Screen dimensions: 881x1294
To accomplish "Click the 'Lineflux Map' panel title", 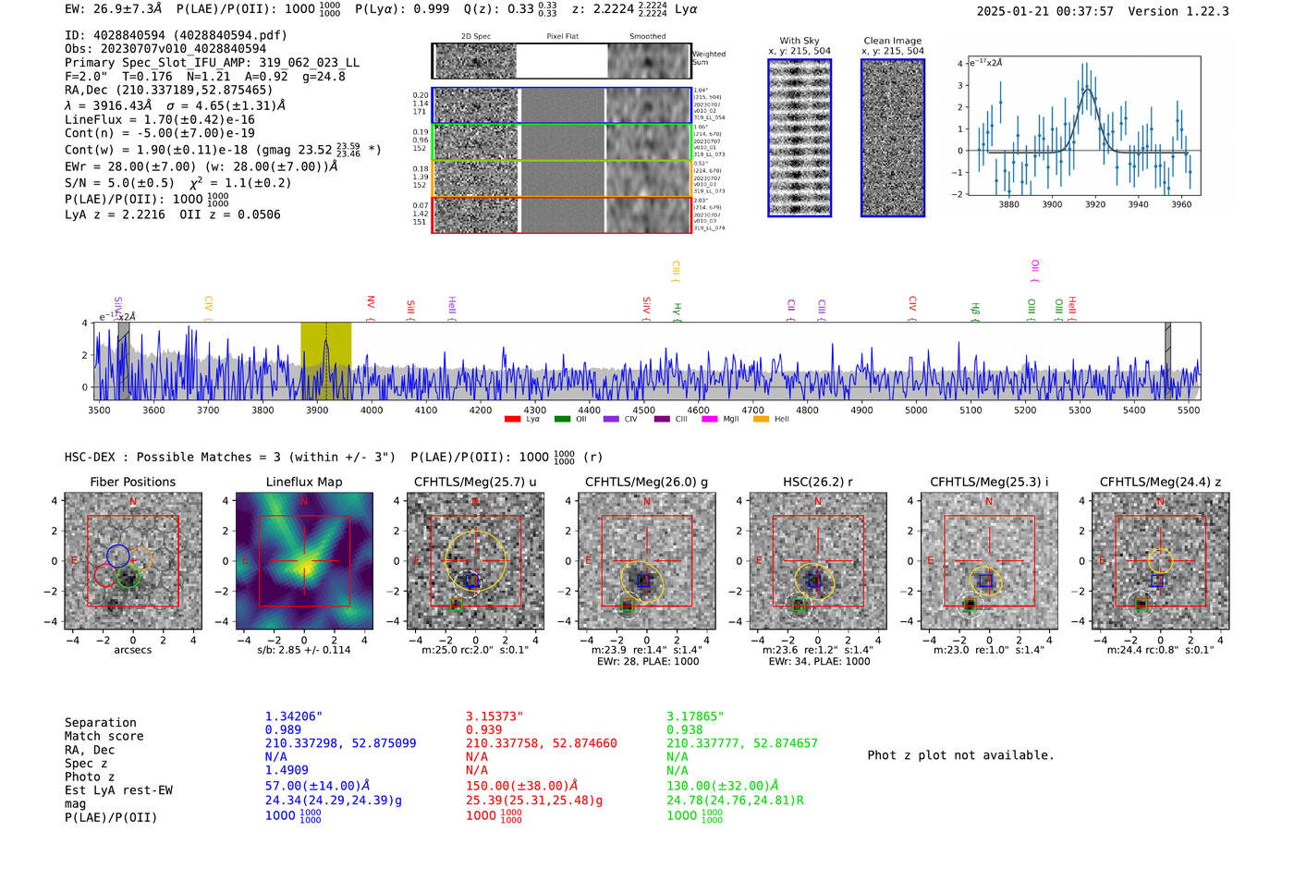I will click(304, 482).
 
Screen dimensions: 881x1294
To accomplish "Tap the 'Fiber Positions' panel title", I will click(132, 482).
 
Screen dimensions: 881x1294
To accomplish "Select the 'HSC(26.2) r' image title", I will click(817, 482).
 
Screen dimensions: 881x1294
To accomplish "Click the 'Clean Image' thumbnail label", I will click(892, 41).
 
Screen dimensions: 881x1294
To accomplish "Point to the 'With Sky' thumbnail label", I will click(799, 41).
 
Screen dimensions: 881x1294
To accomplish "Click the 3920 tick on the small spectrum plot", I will click(1095, 204).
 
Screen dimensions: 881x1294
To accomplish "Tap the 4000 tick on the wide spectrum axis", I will click(372, 410).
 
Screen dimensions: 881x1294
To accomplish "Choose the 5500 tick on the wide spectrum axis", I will click(1189, 410).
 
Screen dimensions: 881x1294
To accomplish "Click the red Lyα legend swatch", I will click(512, 420).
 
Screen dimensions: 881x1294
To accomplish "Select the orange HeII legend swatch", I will click(761, 420).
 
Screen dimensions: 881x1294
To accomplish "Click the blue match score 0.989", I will click(283, 730).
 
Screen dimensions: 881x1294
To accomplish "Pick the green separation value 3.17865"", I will click(695, 716).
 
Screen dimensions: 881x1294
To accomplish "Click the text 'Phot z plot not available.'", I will click(960, 755).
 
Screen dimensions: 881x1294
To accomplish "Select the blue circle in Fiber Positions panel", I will click(117, 556).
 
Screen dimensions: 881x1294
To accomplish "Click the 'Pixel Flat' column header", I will click(562, 37).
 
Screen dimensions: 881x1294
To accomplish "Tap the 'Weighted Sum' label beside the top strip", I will click(708, 58).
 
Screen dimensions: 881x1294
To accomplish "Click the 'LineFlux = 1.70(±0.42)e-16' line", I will click(160, 119).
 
